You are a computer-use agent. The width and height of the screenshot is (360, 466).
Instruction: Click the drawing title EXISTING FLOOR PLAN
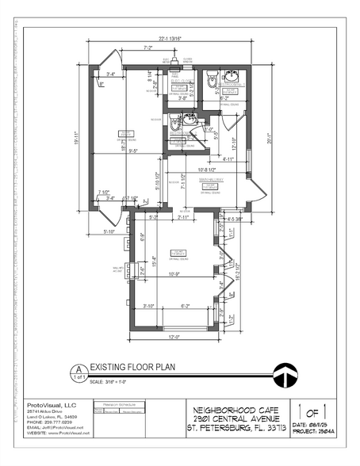pyautogui.click(x=131, y=368)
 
